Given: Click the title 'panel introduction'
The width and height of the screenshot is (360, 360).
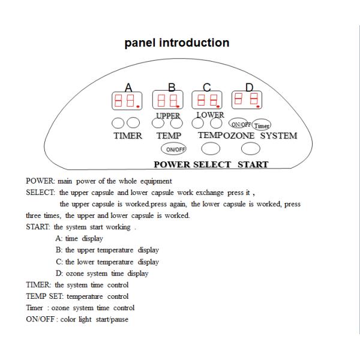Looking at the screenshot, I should point(176,43).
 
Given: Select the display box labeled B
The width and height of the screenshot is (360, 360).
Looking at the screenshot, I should point(167,100).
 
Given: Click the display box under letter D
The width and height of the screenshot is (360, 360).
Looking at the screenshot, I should point(247,99).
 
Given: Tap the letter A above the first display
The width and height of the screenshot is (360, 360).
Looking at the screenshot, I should point(128,86).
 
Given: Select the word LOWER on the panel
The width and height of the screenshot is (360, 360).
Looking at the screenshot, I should point(209,114).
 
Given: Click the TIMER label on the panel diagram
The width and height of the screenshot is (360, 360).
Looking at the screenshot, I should point(127,136).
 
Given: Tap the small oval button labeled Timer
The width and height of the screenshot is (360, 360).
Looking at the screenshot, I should point(262,125).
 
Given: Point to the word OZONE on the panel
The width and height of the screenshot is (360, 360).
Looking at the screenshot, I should point(239,136).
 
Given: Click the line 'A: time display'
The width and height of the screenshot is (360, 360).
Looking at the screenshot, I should point(83,238).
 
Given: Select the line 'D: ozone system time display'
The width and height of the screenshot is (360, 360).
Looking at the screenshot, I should point(102,273).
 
